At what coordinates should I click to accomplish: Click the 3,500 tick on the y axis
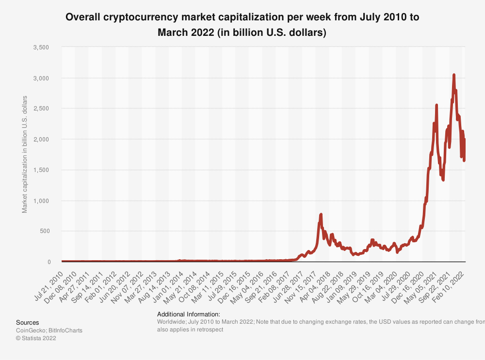click(42, 47)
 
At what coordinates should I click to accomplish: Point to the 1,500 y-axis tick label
click(42, 170)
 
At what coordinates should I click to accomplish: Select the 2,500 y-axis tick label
click(42, 109)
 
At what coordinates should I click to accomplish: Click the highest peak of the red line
click(454, 75)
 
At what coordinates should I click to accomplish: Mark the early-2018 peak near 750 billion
click(321, 214)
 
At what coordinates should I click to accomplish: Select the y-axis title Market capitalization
click(25, 154)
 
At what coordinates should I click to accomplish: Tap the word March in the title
click(173, 32)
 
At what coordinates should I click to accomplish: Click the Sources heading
click(28, 323)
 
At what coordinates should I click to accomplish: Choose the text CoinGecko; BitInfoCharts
click(49, 330)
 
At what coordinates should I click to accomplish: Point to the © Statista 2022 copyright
click(36, 338)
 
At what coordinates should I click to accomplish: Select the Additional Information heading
click(189, 314)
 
